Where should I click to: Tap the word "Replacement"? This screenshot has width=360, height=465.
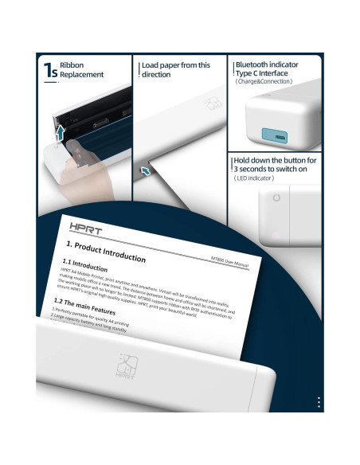pos(82,75)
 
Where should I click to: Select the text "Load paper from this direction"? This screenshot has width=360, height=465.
pos(175,70)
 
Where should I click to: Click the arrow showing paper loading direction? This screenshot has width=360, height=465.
pos(145,170)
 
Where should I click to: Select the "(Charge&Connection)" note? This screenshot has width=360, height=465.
pos(264,81)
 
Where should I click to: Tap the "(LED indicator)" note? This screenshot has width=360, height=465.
pos(256,178)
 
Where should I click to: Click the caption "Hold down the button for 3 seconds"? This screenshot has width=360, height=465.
pos(275,165)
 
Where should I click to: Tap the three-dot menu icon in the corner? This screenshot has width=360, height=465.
pos(319,402)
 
